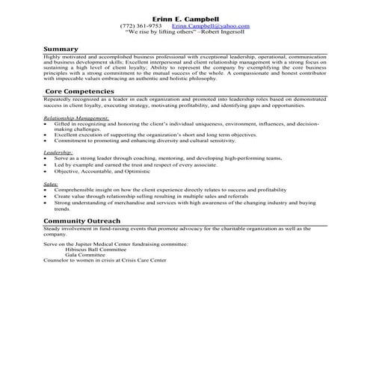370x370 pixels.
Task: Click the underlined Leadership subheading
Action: pyautogui.click(x=58, y=152)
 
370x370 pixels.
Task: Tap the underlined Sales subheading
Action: pyautogui.click(x=51, y=183)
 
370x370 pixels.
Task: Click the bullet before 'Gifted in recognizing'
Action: pyautogui.click(x=46, y=124)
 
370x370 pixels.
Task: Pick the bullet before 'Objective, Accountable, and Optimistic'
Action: pyautogui.click(x=46, y=170)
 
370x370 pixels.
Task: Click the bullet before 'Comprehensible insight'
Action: pyautogui.click(x=46, y=191)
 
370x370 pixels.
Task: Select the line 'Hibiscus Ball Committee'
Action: pyautogui.click(x=96, y=249)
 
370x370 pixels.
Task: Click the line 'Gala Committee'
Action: pyautogui.click(x=84, y=254)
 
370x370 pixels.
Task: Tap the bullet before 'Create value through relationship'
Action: pyautogui.click(x=46, y=197)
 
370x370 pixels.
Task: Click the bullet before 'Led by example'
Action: pyautogui.click(x=46, y=164)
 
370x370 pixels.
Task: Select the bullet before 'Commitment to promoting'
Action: pyautogui.click(x=46, y=140)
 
